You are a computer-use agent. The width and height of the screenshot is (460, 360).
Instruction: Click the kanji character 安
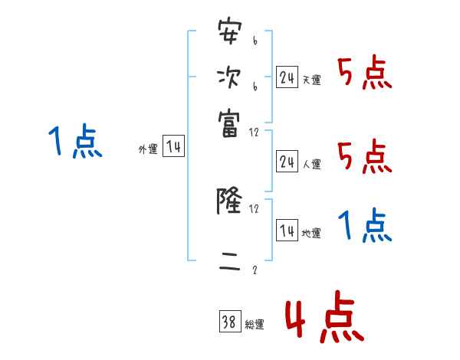click(229, 35)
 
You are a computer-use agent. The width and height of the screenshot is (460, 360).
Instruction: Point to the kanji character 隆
click(229, 202)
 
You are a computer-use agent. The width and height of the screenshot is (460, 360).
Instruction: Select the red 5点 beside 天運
click(365, 74)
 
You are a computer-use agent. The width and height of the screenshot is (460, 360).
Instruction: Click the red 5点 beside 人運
click(365, 157)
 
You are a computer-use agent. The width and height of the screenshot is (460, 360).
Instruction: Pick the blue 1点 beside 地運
click(365, 226)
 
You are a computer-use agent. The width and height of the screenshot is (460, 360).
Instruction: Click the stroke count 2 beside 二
click(255, 270)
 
